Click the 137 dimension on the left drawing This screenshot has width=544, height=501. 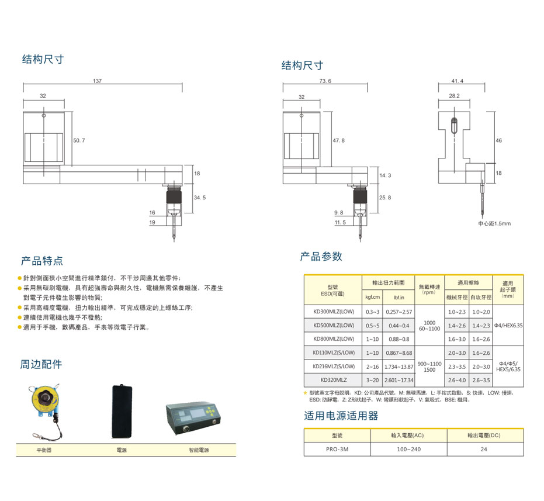(x=97, y=80)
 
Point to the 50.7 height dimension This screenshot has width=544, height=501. (x=79, y=141)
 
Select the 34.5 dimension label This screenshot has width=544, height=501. (x=200, y=198)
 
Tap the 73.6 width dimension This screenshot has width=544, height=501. (x=325, y=81)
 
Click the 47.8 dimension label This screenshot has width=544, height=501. (x=339, y=141)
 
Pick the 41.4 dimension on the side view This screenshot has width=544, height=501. (x=457, y=80)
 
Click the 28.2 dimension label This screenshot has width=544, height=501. (x=454, y=95)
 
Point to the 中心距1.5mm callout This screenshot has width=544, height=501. (x=494, y=223)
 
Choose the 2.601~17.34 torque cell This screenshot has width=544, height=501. (x=399, y=381)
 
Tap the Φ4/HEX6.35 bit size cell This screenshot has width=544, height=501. (x=508, y=325)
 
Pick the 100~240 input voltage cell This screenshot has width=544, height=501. (x=408, y=450)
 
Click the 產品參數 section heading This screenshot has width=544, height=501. (x=321, y=257)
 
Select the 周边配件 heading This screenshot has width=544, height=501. (x=41, y=365)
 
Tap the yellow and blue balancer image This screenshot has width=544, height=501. (x=44, y=405)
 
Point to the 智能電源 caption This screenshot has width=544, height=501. (x=199, y=451)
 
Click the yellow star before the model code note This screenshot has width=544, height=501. (x=306, y=393)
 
